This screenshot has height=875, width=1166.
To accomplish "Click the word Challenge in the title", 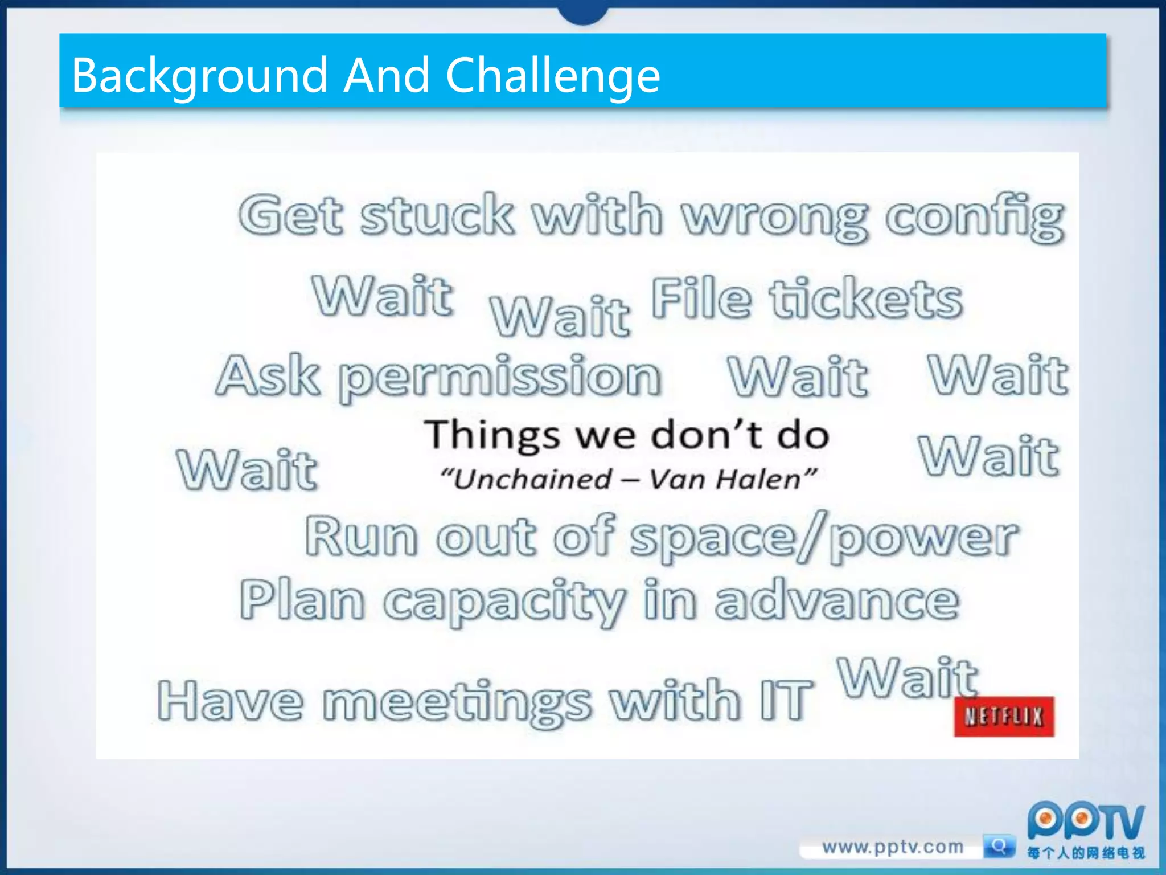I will pyautogui.click(x=552, y=75).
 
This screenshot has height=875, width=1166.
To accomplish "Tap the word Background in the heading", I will pyautogui.click(x=199, y=75).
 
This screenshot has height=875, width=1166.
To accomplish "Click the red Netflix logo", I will pyautogui.click(x=1004, y=716).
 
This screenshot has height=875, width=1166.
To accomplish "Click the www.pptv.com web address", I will pyautogui.click(x=893, y=847).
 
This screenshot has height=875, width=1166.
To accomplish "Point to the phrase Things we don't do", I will pyautogui.click(x=626, y=436).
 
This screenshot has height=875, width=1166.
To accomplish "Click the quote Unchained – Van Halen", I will pyautogui.click(x=629, y=479).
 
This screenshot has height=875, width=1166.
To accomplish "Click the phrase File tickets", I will pyautogui.click(x=806, y=299).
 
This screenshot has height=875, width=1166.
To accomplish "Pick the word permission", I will pyautogui.click(x=500, y=377).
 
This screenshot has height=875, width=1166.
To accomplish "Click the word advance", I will pyautogui.click(x=837, y=601).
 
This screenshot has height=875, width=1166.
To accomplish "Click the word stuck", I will pyautogui.click(x=437, y=215).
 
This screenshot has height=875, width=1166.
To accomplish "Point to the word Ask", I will pyautogui.click(x=268, y=375).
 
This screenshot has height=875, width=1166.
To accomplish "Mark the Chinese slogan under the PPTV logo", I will pyautogui.click(x=1085, y=853).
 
